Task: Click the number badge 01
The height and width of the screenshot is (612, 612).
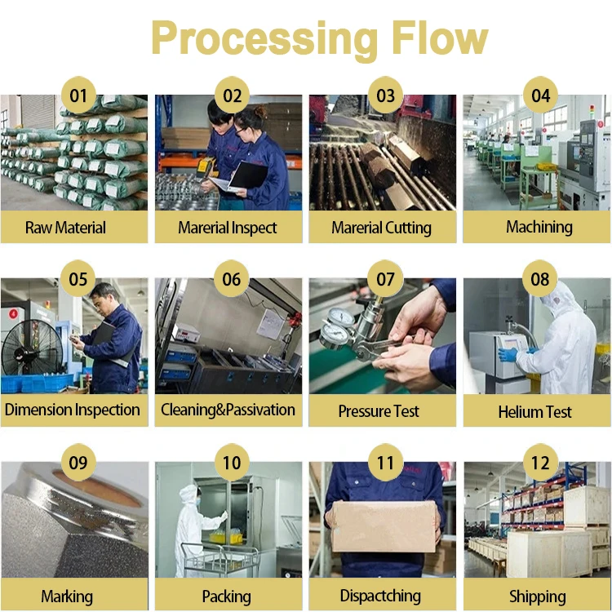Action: (x=78, y=95)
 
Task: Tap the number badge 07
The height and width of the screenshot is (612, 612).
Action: (x=385, y=280)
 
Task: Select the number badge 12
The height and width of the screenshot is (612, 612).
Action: (x=540, y=463)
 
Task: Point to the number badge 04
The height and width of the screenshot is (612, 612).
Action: (x=540, y=95)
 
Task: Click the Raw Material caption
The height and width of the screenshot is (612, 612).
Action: (x=65, y=228)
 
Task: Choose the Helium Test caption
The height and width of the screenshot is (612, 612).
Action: (x=535, y=412)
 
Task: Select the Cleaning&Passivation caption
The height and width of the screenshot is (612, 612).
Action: (x=228, y=410)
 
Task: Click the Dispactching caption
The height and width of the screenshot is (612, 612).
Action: (x=379, y=596)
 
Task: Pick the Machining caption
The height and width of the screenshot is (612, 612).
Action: (x=539, y=227)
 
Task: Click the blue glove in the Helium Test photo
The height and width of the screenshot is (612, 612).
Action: (x=508, y=354)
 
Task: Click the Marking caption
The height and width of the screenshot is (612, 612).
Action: (x=67, y=596)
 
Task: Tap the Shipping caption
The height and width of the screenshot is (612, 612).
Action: (x=537, y=596)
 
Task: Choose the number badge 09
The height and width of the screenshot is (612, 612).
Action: (x=78, y=463)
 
